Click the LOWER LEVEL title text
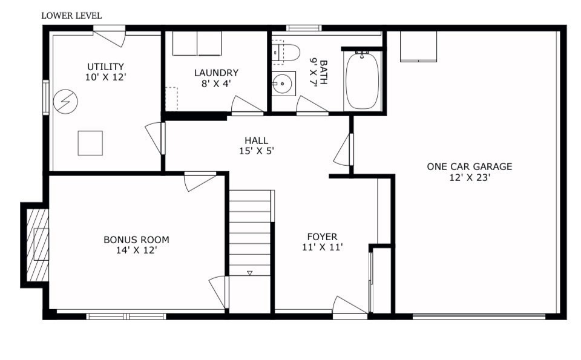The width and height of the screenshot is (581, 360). coord(71,16)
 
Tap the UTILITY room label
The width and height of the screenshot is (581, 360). coord(105,67)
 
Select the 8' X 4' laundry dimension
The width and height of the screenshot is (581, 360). coord(216,83)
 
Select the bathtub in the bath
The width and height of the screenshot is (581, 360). coord(363,81)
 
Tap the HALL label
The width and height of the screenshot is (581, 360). coord(257,140)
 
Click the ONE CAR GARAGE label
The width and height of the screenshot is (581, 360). coord(469,166)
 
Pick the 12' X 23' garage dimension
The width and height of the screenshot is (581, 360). coord(469,178)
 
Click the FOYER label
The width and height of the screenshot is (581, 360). coord(322,237)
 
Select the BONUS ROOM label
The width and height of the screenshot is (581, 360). coord(136,239)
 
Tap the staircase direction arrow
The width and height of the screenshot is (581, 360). coord(249,273)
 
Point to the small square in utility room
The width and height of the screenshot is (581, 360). coord(90,143)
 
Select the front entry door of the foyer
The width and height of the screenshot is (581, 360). coord(350,309)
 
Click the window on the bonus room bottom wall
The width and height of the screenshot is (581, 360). coord(126,316)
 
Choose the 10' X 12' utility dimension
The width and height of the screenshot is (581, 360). coord(105,77)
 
